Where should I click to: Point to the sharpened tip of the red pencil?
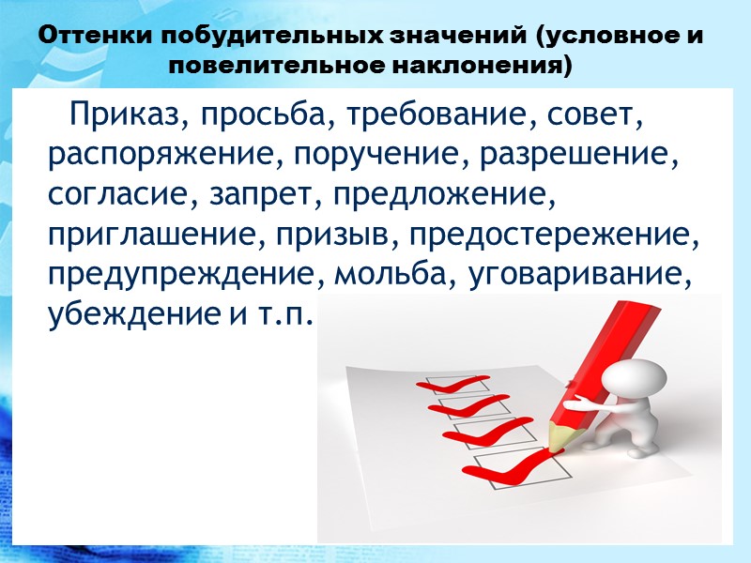pyautogui.click(x=556, y=444)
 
